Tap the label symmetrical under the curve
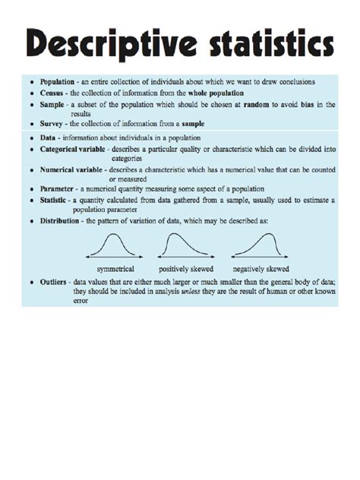point(115,269)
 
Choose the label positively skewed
point(186,269)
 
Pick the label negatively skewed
point(261,269)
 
